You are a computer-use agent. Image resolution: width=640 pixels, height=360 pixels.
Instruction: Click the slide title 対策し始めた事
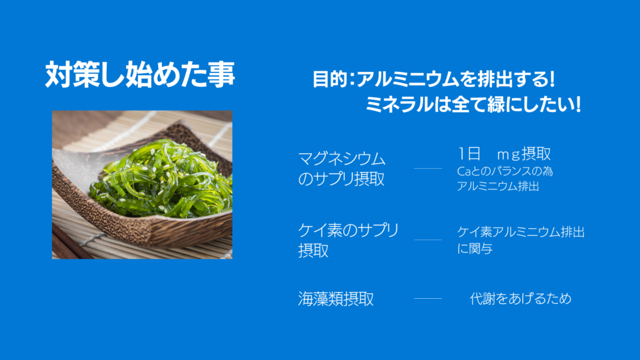coord(140,74)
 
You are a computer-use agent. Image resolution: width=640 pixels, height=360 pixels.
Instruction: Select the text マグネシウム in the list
coord(342,159)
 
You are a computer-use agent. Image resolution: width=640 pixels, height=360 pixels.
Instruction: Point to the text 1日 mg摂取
coord(504,154)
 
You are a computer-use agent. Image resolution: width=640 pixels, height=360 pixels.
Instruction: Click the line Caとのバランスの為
coord(505,171)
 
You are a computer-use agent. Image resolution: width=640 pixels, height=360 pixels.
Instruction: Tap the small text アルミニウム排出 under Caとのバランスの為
coord(498,186)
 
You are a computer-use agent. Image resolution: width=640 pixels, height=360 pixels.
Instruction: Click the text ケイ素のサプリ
coord(348,230)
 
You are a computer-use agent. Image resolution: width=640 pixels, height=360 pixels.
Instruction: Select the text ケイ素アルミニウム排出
coord(521,232)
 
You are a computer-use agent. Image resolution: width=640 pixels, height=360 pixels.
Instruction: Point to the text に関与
coord(475,248)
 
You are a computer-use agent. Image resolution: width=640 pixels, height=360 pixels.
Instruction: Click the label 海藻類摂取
coord(336,299)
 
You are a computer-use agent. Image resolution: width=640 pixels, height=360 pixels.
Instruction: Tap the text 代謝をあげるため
coord(521,298)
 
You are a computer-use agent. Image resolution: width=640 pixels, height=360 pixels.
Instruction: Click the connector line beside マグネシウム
coord(427,168)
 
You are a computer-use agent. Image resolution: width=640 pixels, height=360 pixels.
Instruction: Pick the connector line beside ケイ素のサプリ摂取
coord(427,239)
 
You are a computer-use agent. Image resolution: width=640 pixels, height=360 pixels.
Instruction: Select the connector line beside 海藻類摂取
coord(427,298)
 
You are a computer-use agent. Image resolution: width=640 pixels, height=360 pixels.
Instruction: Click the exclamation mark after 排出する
coord(552,79)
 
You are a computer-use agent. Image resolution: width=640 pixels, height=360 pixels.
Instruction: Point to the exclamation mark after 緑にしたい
coord(577,104)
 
